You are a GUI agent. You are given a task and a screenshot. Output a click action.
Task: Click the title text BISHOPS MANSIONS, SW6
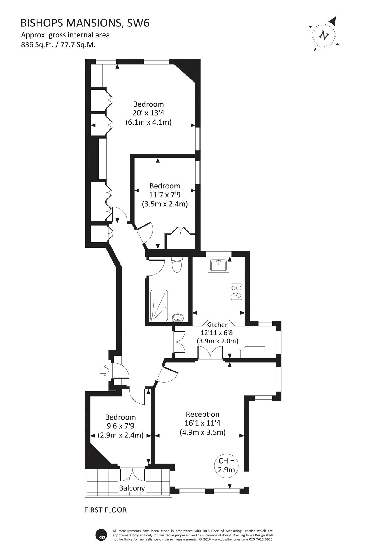click(x=85, y=23)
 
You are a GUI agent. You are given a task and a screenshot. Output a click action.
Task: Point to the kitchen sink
click(x=218, y=265)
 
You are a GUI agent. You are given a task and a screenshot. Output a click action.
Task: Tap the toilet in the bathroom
click(x=176, y=265)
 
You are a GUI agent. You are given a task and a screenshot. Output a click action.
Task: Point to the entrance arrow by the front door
click(x=104, y=371)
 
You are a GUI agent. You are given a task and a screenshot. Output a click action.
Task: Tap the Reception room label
click(x=203, y=414)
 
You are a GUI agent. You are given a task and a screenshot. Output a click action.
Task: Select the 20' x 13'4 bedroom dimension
click(x=148, y=113)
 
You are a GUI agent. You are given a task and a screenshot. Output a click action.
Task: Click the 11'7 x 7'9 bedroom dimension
click(x=165, y=195)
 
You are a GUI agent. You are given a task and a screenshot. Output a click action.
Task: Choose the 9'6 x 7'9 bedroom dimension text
click(x=120, y=426)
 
